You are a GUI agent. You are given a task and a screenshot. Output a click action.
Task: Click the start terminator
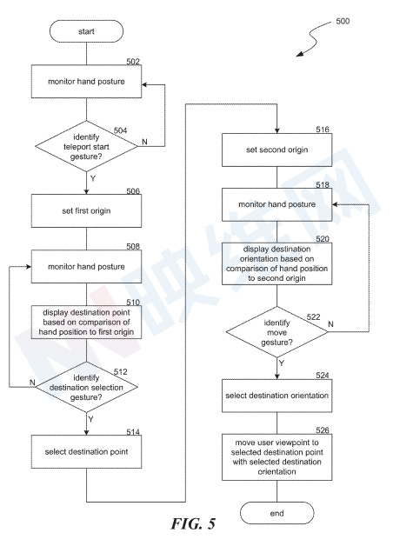[86, 31]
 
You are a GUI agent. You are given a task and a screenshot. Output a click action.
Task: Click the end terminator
[277, 513]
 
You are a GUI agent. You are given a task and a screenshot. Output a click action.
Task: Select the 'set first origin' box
[86, 210]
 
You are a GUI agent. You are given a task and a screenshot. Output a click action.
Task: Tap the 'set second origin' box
[277, 150]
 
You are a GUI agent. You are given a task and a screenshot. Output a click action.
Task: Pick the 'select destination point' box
[86, 451]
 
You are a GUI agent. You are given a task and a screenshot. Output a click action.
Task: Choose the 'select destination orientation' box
[277, 396]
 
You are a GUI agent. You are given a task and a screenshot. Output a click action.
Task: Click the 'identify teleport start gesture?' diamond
[86, 146]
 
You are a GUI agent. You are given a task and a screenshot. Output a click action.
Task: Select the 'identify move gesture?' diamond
[277, 332]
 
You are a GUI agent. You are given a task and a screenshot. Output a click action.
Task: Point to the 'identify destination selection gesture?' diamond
[86, 387]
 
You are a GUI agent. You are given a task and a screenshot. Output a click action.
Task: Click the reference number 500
[343, 21]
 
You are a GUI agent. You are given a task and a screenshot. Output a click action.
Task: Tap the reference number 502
[133, 61]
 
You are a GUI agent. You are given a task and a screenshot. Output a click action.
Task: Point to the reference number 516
[323, 130]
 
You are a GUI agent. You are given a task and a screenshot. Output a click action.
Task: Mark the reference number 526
[323, 430]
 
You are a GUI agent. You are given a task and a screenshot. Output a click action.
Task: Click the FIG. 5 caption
[193, 523]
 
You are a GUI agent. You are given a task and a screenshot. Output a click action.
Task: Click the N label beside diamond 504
[145, 142]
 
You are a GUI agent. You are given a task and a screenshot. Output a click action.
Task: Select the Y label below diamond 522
[282, 363]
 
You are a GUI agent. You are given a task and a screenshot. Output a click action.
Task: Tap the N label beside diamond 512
[32, 383]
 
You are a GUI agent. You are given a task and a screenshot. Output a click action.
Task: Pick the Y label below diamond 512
[90, 419]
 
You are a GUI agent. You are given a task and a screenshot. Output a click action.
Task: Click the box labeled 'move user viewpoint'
[277, 457]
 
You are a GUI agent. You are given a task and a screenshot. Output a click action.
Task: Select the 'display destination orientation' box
[277, 263]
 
